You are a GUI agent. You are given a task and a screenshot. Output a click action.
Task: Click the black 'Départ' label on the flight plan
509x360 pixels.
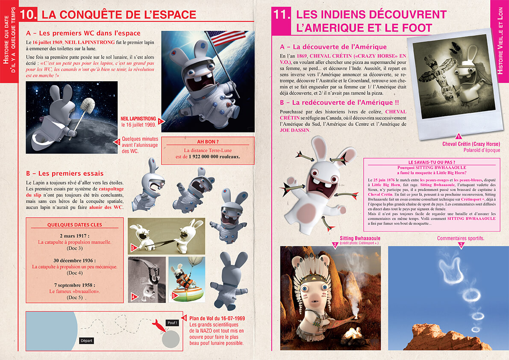pyautogui.click(x=86, y=341)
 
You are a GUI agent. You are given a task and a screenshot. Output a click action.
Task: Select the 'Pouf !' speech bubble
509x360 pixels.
pyautogui.click(x=172, y=323)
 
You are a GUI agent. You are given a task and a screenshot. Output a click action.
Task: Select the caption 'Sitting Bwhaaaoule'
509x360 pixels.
pyautogui.click(x=360, y=238)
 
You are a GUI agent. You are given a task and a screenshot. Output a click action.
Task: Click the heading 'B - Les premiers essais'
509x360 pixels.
pyautogui.click(x=65, y=174)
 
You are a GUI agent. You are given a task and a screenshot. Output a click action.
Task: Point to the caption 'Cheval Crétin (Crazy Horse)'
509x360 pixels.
pyautogui.click(x=471, y=144)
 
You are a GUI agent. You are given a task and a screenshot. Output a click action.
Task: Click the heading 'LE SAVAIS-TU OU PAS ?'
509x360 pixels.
pyautogui.click(x=432, y=162)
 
